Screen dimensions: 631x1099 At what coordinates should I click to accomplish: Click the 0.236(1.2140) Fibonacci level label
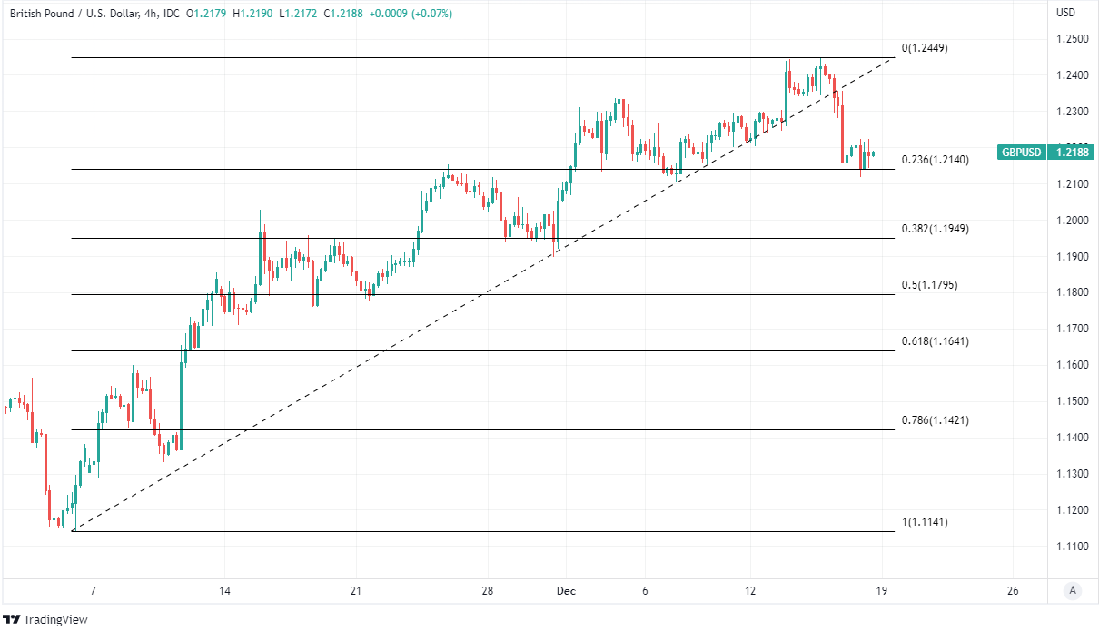point(935,160)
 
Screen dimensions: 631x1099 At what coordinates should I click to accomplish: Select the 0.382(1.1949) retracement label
point(935,229)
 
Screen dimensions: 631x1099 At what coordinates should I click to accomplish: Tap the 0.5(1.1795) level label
point(929,285)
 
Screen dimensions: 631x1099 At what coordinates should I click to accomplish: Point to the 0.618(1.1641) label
point(935,341)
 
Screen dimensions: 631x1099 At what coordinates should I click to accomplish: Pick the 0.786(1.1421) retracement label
point(935,420)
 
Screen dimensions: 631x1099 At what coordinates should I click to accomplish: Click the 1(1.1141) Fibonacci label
point(925,522)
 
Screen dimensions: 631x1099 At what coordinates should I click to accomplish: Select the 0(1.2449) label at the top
point(925,48)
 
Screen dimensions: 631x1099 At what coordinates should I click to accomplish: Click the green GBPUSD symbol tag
point(1020,153)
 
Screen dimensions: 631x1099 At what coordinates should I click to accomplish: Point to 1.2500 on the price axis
point(1072,39)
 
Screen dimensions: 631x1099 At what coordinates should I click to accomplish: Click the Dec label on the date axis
point(566,591)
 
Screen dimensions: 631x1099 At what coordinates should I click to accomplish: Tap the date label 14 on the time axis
point(224,591)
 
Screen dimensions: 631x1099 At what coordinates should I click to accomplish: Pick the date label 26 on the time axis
point(1014,591)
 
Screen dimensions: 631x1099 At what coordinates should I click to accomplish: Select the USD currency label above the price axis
point(1065,13)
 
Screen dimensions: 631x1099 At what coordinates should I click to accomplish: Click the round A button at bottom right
point(1073,591)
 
